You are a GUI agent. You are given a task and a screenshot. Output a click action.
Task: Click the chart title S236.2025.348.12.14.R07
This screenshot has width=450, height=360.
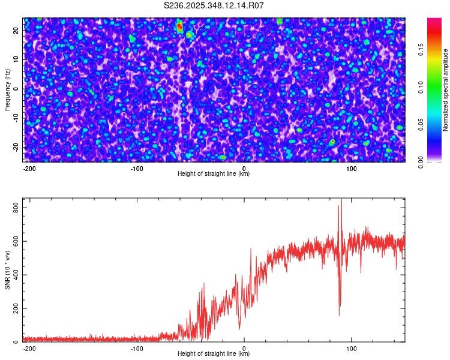[214, 5]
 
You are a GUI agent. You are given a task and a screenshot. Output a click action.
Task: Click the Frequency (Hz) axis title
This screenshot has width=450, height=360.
[7, 89]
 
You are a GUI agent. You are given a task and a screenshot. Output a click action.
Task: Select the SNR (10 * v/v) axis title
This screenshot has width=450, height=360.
[7, 269]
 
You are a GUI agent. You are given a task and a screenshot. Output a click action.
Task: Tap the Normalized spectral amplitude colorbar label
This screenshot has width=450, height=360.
[446, 89]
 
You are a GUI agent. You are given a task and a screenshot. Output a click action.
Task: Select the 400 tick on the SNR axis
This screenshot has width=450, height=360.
[16, 275]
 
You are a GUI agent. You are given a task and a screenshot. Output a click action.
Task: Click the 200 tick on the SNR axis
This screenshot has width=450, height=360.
[16, 308]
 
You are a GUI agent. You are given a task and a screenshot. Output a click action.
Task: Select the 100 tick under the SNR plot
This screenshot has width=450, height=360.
[352, 348]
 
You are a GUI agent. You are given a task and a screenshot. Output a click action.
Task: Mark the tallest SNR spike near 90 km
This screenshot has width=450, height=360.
[341, 200]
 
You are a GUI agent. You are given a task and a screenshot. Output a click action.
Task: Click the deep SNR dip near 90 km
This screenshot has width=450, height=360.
[339, 314]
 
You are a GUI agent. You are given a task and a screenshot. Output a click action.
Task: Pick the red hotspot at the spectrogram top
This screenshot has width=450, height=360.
[179, 26]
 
